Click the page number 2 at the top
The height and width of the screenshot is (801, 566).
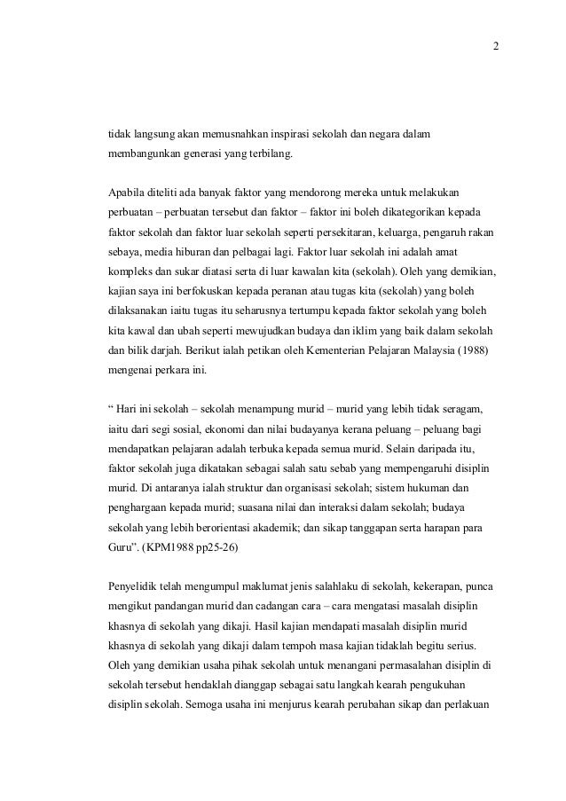[x=496, y=47]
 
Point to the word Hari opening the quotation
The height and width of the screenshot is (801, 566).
[x=127, y=408]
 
